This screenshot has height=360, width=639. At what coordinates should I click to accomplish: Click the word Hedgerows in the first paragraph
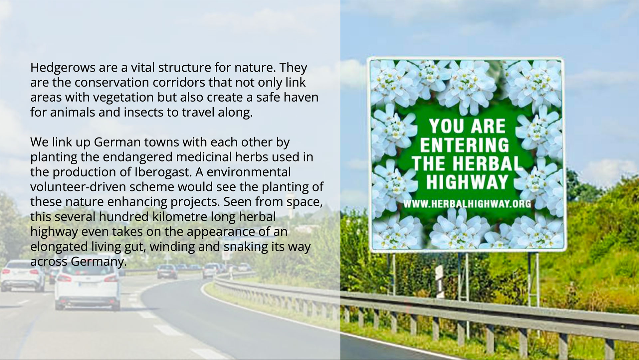pos(63,68)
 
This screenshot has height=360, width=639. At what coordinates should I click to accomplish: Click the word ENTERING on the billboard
pos(465,145)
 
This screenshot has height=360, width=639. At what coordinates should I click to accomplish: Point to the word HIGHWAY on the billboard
pos(467,182)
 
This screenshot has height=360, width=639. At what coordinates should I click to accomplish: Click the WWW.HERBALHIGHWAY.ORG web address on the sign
pos(467,203)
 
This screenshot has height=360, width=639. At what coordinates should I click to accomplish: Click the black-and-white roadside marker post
pos(440,281)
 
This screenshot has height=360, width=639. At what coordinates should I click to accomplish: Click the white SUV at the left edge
pos(22,275)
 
